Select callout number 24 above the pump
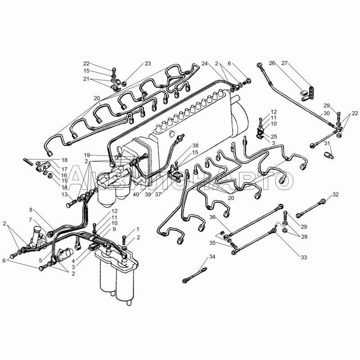pos(205,63)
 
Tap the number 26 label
pos(272,63)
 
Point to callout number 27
pos(284,63)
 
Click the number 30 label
pos(326,113)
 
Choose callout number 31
pos(327,144)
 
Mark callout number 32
pos(335,194)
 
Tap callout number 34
pos(212,257)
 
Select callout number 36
pos(212,218)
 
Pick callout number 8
pos(31,210)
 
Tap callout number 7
pos(31,220)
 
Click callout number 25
pos(274,136)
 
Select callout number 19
pos(99,154)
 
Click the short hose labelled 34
pos(196,274)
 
